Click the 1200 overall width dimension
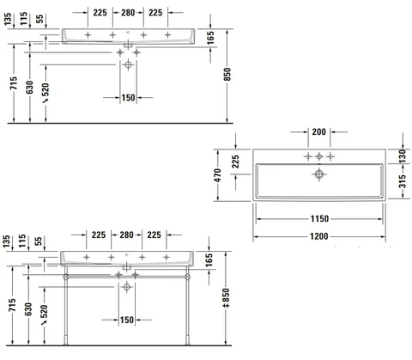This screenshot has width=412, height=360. pos(319,236)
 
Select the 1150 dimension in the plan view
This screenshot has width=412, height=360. pos(319,219)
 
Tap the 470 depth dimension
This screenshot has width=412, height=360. pos(217,175)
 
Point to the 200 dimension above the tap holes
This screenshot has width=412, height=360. pos(318,131)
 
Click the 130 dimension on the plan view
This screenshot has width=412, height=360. pos(402,156)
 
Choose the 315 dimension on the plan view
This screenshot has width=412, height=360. pos(402,181)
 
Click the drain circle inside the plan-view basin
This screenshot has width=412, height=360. pos(319,174)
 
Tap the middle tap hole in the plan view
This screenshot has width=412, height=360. pos(319,156)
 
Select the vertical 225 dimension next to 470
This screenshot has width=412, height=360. pos(235,162)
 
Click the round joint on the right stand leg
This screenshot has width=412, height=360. pos(187,277)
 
